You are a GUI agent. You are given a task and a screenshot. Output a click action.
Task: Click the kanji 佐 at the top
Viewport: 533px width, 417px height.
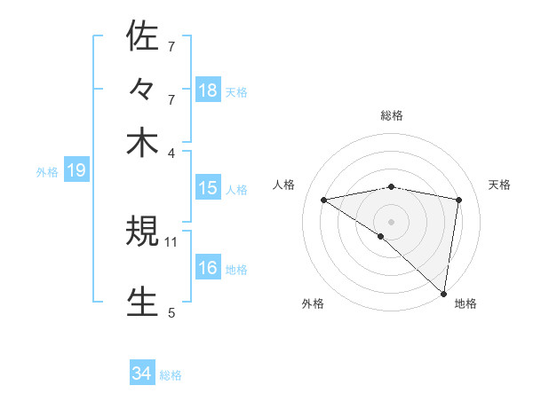tap(142, 36)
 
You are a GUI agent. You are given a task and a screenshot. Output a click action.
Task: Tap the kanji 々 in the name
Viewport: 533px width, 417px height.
tap(142, 90)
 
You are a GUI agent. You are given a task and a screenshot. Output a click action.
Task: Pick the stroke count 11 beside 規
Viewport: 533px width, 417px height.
tap(171, 240)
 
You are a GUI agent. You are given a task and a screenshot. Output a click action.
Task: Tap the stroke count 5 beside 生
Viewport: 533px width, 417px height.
tap(171, 311)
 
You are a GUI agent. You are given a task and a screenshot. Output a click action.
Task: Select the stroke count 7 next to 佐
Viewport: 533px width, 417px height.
tap(171, 45)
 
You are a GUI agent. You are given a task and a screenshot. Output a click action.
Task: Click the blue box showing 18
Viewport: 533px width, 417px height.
tap(207, 90)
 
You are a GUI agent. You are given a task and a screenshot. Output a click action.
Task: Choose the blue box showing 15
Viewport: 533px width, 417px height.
tap(207, 188)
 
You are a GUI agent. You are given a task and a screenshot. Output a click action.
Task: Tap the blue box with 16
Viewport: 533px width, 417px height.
tap(207, 268)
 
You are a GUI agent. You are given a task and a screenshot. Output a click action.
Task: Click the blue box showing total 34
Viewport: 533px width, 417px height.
tap(141, 374)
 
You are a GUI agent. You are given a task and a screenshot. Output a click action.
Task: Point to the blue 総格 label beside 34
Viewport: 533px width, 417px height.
tap(171, 375)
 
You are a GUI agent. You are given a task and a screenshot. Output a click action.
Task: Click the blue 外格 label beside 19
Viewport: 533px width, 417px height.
tap(47, 172)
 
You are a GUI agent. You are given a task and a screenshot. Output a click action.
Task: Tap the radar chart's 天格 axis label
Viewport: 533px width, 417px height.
tap(499, 185)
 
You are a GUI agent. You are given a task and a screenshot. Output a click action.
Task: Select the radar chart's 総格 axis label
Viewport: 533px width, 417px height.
tap(391, 115)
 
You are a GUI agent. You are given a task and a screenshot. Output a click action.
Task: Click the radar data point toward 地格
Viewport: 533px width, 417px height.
tap(444, 294)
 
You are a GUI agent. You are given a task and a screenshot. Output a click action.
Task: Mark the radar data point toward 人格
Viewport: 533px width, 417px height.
tap(323, 200)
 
